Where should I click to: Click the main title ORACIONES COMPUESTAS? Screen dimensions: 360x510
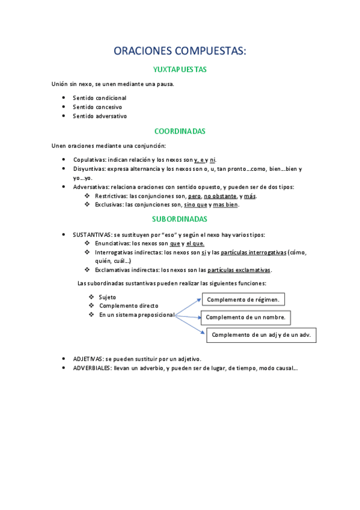point(180,51)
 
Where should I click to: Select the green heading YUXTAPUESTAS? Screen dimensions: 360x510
point(180,70)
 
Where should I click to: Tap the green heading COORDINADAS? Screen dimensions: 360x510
point(180,131)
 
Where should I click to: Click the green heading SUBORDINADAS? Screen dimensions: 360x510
point(180,219)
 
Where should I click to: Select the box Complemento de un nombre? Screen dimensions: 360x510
point(246,317)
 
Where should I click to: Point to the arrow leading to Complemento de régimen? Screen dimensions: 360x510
point(188,306)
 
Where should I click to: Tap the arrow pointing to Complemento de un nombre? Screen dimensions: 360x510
point(188,316)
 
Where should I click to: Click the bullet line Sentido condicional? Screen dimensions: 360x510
point(100,97)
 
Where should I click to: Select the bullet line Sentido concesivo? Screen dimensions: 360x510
point(97,107)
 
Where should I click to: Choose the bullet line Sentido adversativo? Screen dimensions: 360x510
point(100,116)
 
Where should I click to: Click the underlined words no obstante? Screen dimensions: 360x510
point(220,196)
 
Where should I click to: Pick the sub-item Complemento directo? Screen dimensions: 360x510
point(129,306)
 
